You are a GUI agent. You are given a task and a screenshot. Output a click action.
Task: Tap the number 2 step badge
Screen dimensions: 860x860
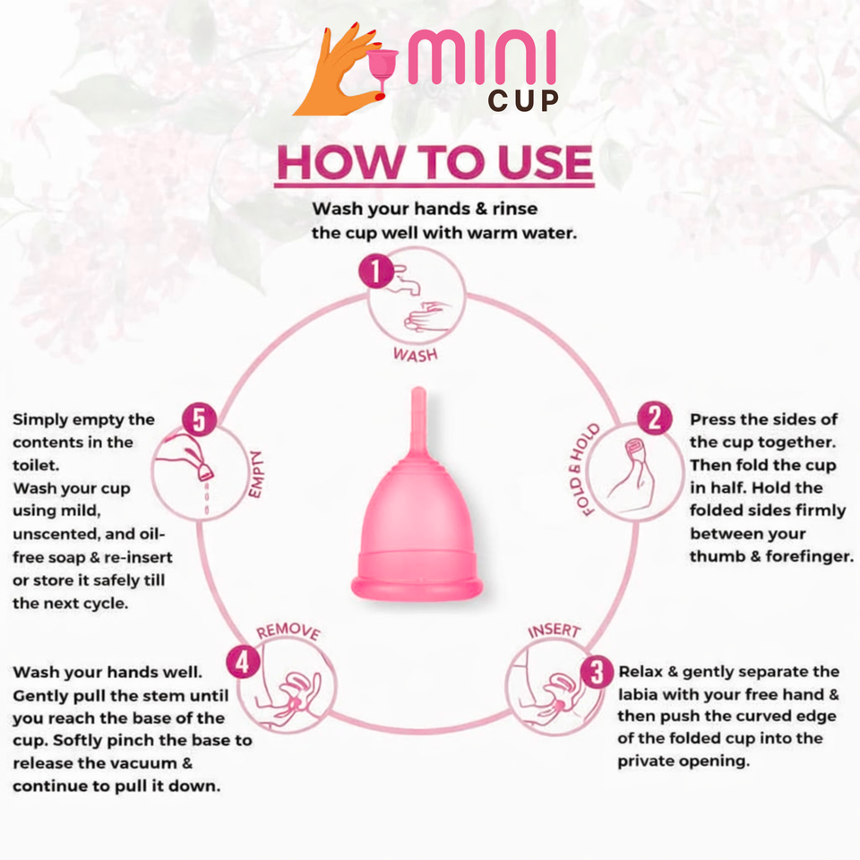[x=655, y=418]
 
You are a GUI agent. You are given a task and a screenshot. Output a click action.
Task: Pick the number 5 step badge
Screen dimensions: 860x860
[x=199, y=418]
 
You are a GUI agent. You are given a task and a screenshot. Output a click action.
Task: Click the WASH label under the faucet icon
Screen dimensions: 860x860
[x=415, y=354]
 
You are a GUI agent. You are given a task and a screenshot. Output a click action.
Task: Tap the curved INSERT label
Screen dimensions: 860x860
[x=554, y=631]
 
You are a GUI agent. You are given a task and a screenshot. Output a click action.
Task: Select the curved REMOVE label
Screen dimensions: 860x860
[x=288, y=632]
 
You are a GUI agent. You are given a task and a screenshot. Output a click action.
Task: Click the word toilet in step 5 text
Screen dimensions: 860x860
[x=36, y=465]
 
